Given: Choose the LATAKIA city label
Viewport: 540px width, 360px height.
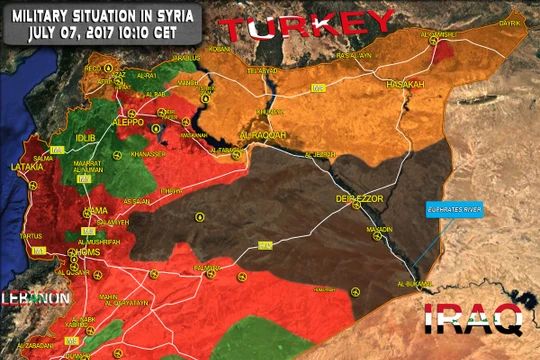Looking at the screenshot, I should (x=27, y=167).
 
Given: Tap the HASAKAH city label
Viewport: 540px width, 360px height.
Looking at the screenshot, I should (x=405, y=85).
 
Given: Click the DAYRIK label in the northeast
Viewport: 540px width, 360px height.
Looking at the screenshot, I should (x=510, y=21).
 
